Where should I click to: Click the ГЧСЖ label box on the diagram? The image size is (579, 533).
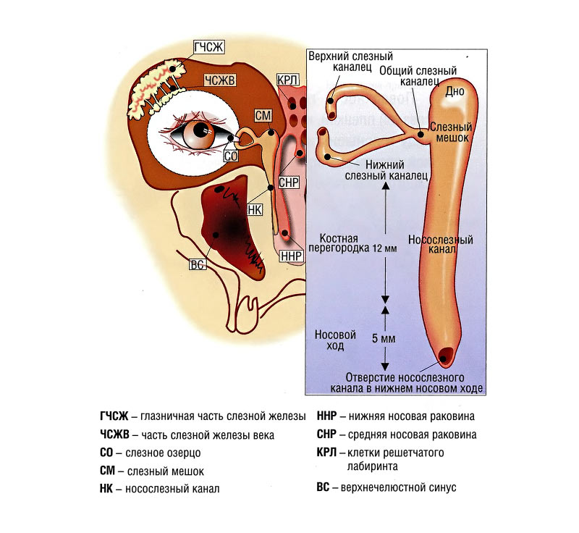209,49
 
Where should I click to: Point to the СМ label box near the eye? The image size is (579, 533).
263,115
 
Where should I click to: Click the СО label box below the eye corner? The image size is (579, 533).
231,154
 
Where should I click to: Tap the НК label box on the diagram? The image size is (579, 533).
254,209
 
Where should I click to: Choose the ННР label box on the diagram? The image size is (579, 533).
287,256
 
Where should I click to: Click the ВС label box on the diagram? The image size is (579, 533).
197,264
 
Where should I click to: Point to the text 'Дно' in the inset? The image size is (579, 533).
455,91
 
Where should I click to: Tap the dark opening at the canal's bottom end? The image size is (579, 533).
447,356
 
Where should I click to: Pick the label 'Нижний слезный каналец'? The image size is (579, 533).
384,168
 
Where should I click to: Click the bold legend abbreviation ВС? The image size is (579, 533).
324,487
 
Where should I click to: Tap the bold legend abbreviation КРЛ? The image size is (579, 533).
328,453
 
